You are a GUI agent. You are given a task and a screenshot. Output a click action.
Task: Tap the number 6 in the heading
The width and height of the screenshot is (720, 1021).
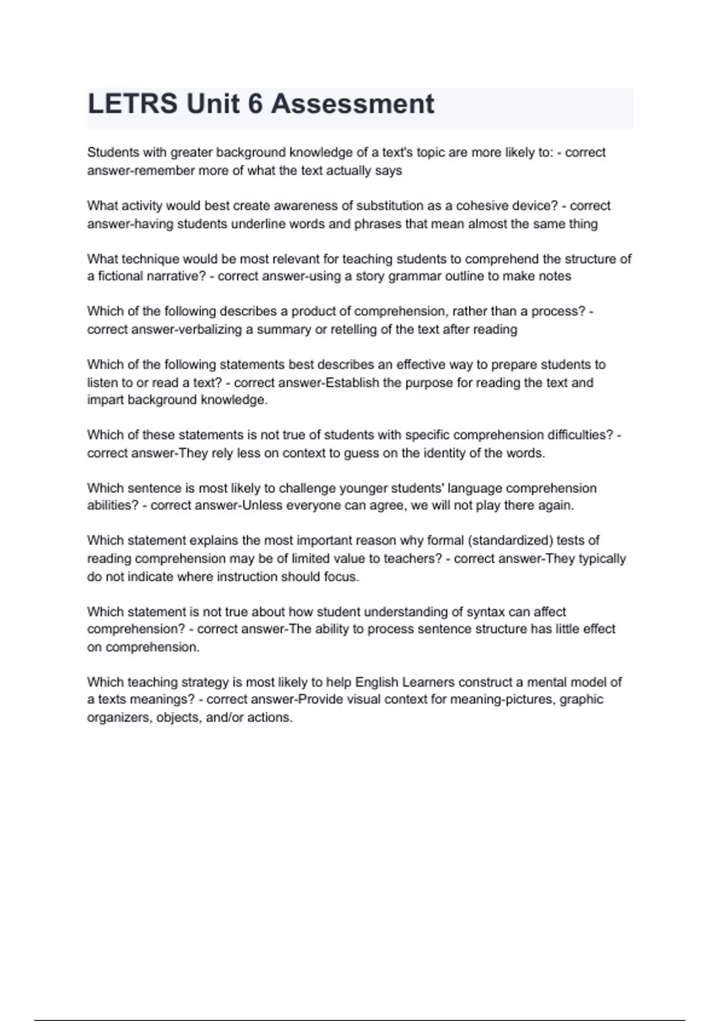tap(255, 104)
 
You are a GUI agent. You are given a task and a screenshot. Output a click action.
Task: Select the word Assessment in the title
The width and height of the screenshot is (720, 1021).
tap(352, 104)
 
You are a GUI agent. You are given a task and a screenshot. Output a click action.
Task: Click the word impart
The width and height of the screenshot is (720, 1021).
tap(105, 400)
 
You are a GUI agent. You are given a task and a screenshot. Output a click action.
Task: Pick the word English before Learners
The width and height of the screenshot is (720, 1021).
tap(377, 682)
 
